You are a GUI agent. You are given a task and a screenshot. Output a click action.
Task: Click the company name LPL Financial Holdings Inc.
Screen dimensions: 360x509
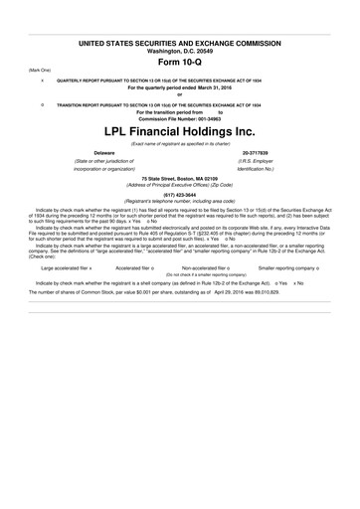pos(180,131)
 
